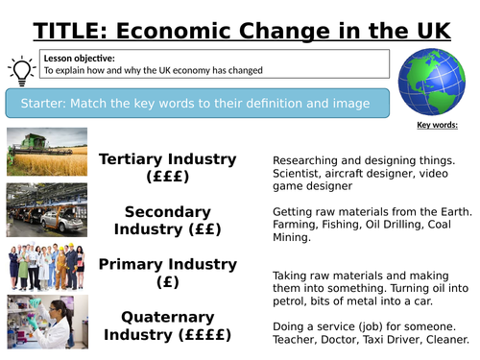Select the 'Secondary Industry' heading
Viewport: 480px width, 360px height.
coord(169,211)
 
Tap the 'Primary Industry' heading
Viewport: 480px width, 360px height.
coord(169,263)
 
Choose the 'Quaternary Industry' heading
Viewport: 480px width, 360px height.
coord(169,318)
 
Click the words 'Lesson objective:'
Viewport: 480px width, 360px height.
coord(72,57)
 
